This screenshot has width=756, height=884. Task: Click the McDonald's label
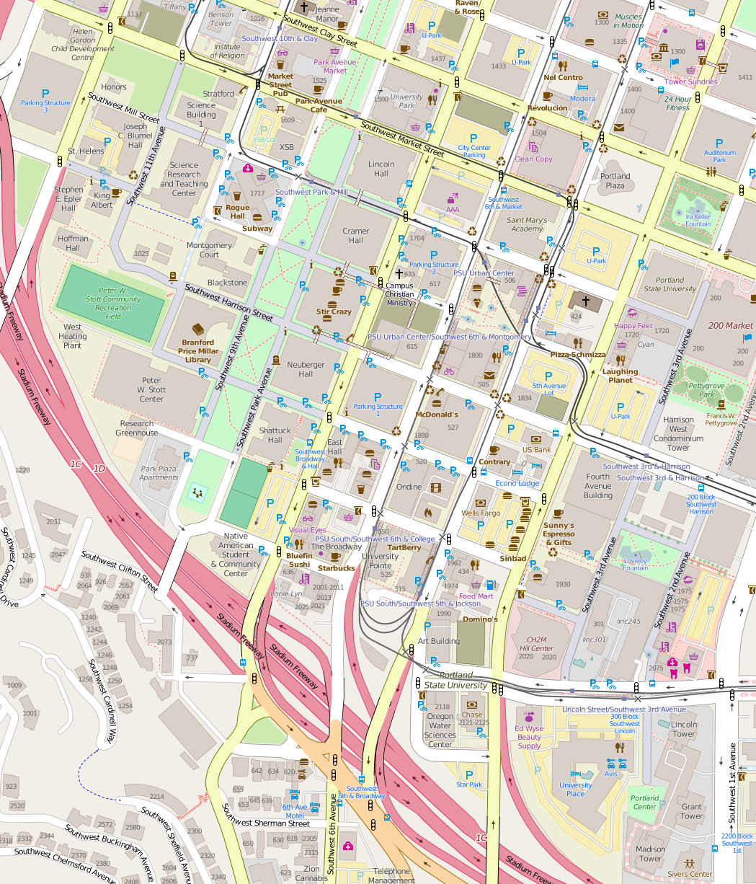click(x=437, y=415)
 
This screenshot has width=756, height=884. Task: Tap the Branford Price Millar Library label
click(x=198, y=351)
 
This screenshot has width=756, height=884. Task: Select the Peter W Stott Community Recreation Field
click(x=110, y=304)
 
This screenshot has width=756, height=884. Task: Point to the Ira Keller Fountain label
click(x=698, y=220)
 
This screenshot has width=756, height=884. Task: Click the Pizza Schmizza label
click(x=578, y=355)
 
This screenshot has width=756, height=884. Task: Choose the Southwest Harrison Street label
click(x=228, y=302)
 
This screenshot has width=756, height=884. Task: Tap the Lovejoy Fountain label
click(x=635, y=564)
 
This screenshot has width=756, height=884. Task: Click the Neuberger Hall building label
click(x=306, y=369)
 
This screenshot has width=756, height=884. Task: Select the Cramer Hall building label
click(x=356, y=236)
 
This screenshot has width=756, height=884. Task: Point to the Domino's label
click(x=480, y=619)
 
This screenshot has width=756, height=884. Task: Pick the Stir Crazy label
click(x=334, y=311)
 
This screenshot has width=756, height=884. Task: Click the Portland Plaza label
click(x=615, y=181)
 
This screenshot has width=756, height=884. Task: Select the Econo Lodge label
click(x=517, y=483)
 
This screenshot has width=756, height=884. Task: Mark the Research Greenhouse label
click(x=137, y=428)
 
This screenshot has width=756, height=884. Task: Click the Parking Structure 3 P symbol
click(x=45, y=94)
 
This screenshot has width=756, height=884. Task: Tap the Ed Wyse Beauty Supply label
click(x=529, y=737)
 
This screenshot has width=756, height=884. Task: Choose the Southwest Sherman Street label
click(x=266, y=823)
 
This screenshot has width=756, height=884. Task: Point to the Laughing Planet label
click(x=620, y=376)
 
